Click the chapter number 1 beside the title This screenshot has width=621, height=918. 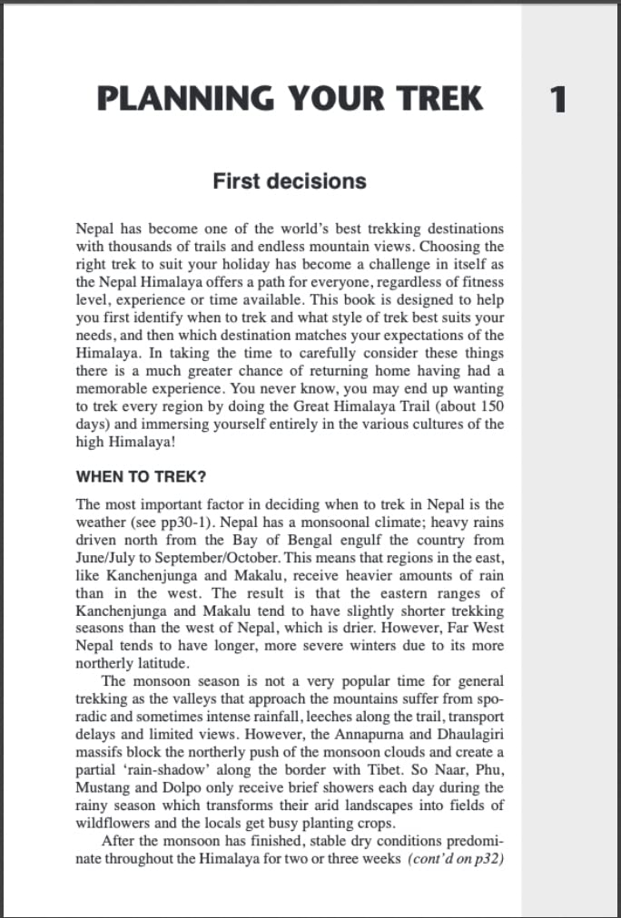click(557, 99)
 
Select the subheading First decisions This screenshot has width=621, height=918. click(290, 181)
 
